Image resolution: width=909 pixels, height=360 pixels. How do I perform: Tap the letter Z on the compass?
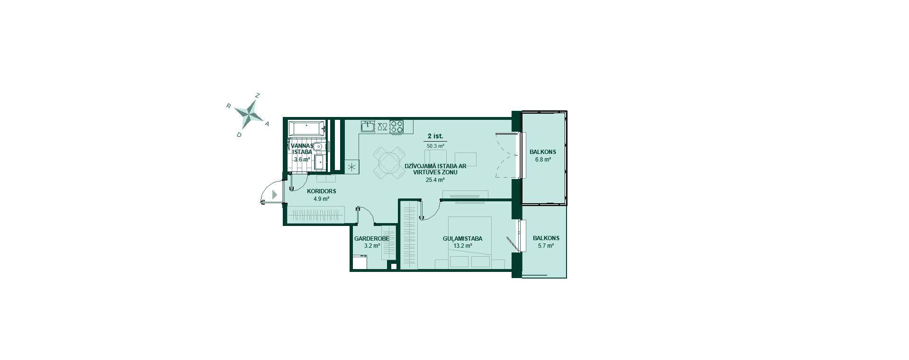coord(257,95)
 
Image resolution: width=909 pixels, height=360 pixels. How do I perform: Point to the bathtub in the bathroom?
coord(307,128)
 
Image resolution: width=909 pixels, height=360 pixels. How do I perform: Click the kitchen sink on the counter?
coord(368,126)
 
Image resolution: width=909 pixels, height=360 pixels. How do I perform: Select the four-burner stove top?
coord(396,126)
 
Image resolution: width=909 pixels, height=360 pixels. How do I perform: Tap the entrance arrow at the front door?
coord(275,194)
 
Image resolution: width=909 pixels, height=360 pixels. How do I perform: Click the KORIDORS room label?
coord(321,191)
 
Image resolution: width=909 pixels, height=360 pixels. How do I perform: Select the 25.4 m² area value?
coord(435,180)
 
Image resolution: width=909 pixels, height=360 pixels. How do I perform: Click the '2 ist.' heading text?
coord(435,136)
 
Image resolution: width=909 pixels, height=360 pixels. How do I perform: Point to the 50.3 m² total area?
coord(435,146)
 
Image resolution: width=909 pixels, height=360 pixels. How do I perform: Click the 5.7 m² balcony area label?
coord(546,246)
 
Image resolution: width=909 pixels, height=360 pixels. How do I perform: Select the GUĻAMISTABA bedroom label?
coord(462,239)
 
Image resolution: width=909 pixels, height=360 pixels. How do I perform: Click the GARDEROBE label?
coord(372,239)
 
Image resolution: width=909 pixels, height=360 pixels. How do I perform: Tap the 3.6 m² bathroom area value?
coord(302,160)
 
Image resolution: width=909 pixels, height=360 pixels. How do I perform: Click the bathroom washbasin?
coord(320,147)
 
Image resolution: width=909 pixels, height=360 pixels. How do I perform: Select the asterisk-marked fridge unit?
coord(352,166)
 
